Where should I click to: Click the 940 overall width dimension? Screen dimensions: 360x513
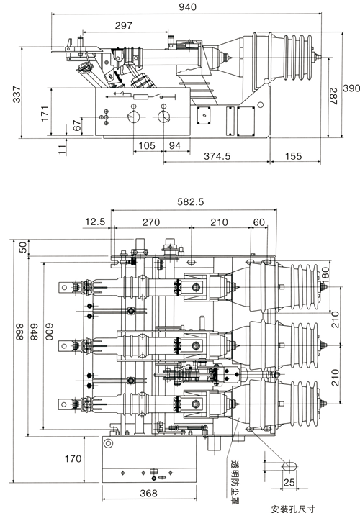click(x=187, y=7)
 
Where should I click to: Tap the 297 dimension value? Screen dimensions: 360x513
click(x=123, y=25)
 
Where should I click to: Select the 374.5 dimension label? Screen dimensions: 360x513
click(x=217, y=156)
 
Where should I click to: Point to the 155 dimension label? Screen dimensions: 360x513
click(x=293, y=156)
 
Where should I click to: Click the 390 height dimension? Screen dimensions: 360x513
click(x=351, y=88)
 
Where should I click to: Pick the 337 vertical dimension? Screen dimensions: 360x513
click(x=17, y=94)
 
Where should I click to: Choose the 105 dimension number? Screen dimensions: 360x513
click(x=147, y=145)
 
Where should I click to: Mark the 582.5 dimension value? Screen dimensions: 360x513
click(x=191, y=202)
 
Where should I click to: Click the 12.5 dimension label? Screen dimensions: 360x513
click(x=95, y=222)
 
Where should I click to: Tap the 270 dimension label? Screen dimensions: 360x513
click(x=151, y=222)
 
